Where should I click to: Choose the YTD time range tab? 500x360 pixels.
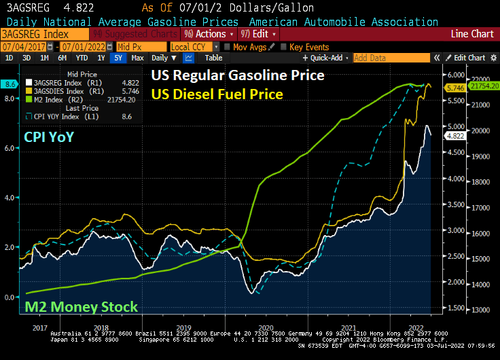82,58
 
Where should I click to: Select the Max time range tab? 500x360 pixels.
137,58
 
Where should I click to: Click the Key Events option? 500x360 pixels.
305,47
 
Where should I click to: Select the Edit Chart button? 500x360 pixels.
469,58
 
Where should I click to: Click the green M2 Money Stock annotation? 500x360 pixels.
81,306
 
